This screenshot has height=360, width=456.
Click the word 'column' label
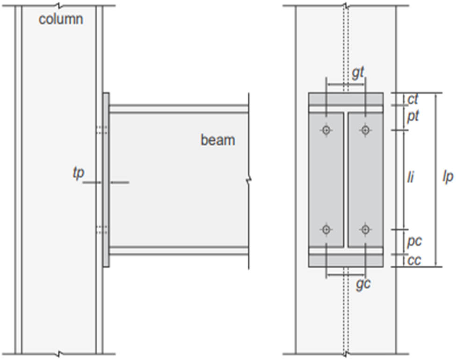click(x=61, y=19)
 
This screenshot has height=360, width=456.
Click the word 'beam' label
click(x=218, y=139)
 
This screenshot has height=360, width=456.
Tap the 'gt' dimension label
click(x=357, y=73)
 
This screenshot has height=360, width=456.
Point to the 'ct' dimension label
click(x=413, y=99)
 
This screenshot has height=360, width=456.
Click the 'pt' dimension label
click(x=413, y=116)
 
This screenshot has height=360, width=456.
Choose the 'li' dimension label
click(x=410, y=178)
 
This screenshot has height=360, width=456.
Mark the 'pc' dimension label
click(x=414, y=241)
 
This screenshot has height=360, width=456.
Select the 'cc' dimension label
click(x=414, y=260)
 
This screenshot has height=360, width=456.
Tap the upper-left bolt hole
click(x=326, y=130)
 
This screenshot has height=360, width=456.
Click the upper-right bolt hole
click(x=365, y=130)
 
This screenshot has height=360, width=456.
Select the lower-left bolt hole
click(x=326, y=229)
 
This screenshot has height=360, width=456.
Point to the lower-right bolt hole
click(x=365, y=229)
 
